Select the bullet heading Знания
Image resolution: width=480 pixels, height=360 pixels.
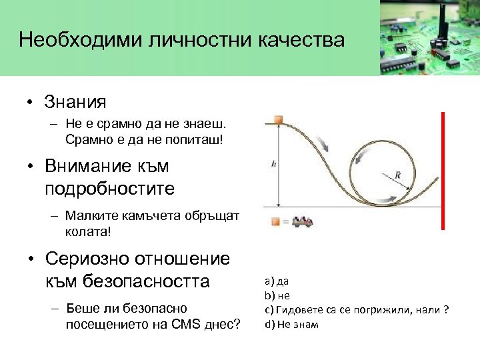[75, 102]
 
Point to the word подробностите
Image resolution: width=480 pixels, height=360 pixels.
[109, 188]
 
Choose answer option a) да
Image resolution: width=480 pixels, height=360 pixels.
[276, 281]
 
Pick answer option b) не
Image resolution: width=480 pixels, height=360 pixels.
[277, 295]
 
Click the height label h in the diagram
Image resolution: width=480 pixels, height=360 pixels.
[273, 164]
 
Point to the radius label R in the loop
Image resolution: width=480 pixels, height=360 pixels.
[398, 175]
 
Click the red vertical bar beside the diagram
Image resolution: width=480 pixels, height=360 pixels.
[443, 171]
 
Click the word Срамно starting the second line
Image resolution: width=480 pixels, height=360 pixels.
[85, 139]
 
